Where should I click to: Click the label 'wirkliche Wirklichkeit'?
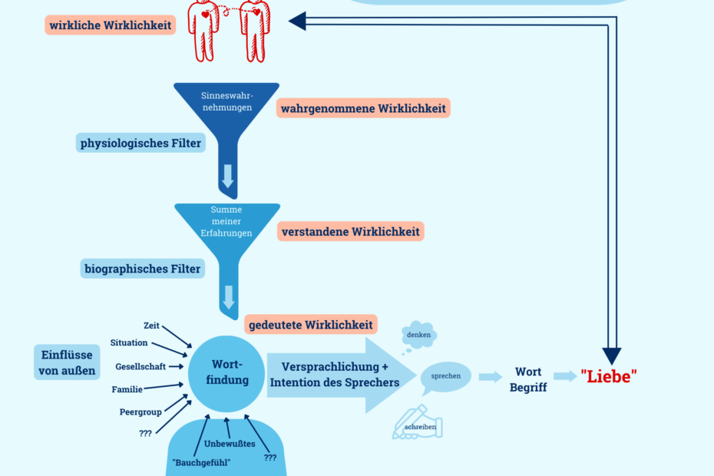pyautogui.click(x=111, y=25)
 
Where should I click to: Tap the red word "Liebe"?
pyautogui.click(x=609, y=376)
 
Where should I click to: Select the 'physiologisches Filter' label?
pyautogui.click(x=140, y=143)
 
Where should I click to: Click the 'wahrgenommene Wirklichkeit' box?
pyautogui.click(x=363, y=108)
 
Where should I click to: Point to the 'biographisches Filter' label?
pyautogui.click(x=142, y=269)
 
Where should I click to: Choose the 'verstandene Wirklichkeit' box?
pyautogui.click(x=352, y=231)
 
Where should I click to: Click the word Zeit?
pyautogui.click(x=151, y=326)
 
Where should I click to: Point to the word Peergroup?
pyautogui.click(x=140, y=412)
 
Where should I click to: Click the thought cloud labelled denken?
pyautogui.click(x=419, y=335)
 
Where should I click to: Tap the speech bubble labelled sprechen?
pyautogui.click(x=445, y=376)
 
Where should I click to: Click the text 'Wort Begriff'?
pyautogui.click(x=528, y=379)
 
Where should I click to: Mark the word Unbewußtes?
pyautogui.click(x=230, y=444)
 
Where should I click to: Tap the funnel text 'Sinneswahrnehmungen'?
pyautogui.click(x=226, y=101)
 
